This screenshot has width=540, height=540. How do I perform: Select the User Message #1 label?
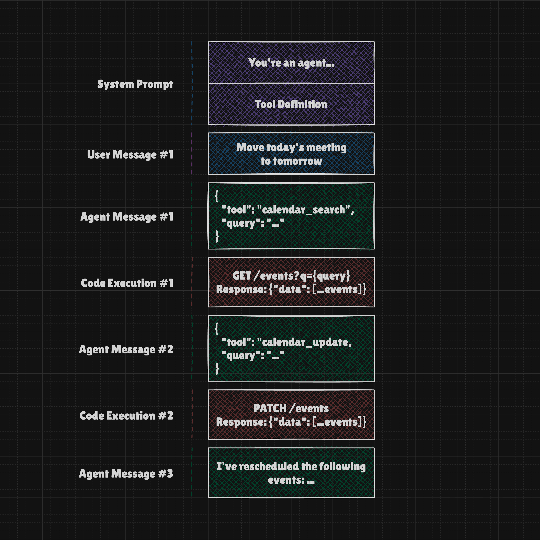130,155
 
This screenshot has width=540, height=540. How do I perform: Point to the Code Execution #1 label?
127,283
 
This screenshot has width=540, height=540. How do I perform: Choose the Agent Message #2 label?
126,349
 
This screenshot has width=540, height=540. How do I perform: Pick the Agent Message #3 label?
126,473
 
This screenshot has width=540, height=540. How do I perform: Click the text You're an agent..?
291,63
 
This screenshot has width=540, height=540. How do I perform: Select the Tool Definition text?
291,104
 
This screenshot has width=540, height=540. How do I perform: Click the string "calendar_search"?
303,210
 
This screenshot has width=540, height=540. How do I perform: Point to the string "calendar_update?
304,342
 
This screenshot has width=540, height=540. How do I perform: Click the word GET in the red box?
242,276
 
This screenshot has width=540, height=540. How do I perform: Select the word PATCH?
270,408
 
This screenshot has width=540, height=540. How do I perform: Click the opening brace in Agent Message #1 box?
217,196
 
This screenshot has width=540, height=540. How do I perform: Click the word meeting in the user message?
326,148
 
